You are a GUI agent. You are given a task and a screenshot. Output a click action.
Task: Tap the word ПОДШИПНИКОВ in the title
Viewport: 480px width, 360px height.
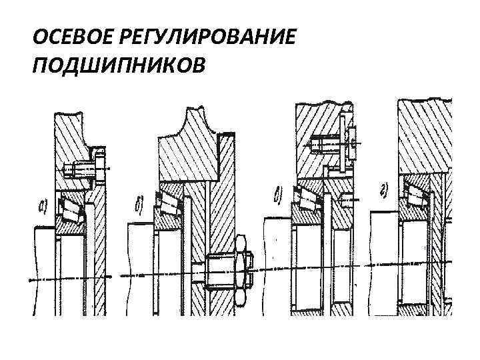[x=119, y=65]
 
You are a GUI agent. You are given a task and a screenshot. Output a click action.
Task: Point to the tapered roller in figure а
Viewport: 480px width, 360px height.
[x=69, y=209]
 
